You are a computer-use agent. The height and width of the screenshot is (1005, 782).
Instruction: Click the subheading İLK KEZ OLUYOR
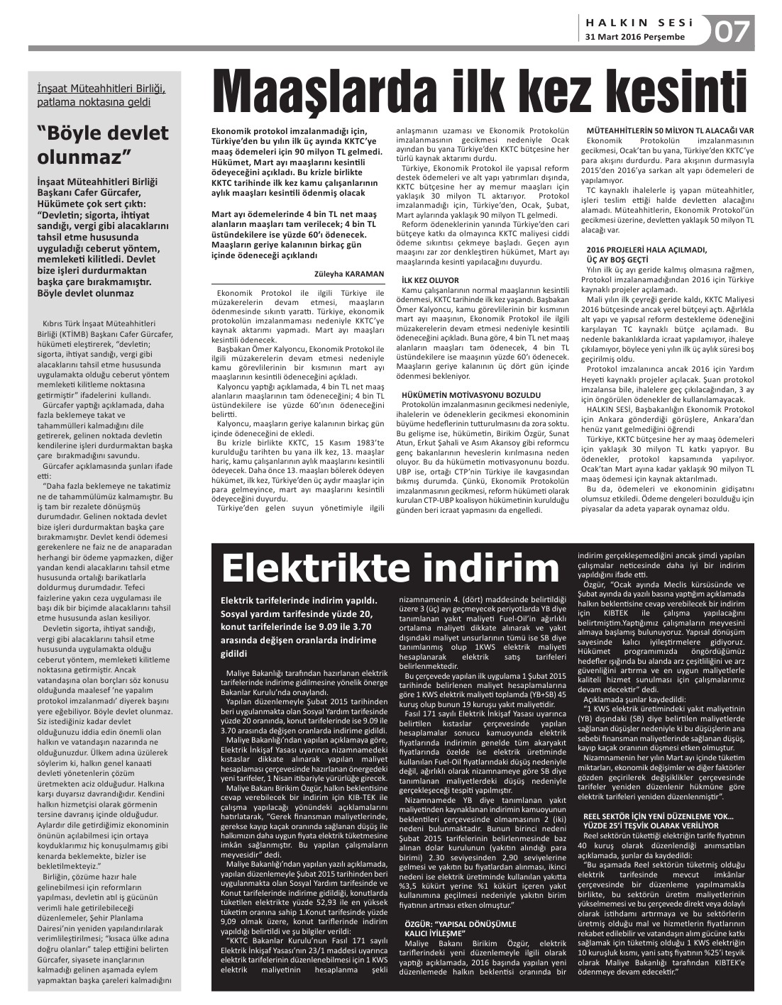click(430, 280)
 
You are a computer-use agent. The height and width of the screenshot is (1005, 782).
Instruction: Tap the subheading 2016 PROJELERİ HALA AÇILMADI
click(646, 250)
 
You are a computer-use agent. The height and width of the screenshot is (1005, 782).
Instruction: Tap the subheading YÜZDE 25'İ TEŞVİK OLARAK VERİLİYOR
click(650, 826)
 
